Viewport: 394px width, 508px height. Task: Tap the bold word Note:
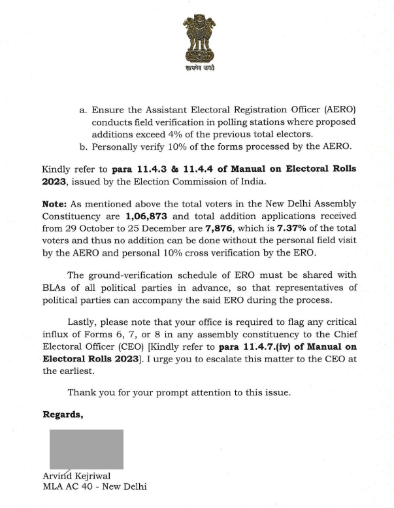pyautogui.click(x=54, y=203)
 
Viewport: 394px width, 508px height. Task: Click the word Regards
pyautogui.click(x=63, y=414)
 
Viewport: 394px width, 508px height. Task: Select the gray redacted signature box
pyautogui.click(x=87, y=449)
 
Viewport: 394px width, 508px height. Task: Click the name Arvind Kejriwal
pyautogui.click(x=76, y=476)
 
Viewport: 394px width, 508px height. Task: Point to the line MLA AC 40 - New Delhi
pyautogui.click(x=95, y=486)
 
